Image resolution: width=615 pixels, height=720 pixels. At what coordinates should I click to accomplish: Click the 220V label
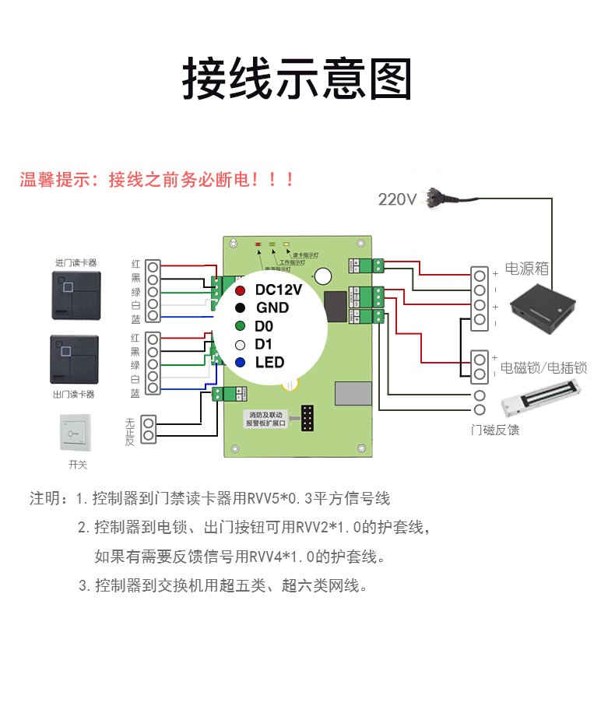pos(397,199)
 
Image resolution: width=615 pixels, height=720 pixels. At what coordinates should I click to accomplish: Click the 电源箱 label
pos(527,269)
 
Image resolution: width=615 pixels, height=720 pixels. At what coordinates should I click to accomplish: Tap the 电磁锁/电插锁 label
pos(543,367)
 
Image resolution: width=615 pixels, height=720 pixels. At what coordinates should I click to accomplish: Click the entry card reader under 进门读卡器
pos(76,296)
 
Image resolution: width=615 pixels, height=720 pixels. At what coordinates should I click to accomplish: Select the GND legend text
pos(272,308)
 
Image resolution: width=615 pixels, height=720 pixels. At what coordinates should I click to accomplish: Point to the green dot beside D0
pos(241,326)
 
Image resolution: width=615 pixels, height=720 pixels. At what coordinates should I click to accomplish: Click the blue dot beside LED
pos(241,362)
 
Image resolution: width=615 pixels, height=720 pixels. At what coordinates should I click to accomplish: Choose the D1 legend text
pos(264,344)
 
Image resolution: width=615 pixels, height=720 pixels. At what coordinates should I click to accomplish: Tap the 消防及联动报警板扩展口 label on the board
pos(267,420)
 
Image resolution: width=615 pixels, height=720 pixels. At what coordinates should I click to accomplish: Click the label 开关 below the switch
pos(78,465)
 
